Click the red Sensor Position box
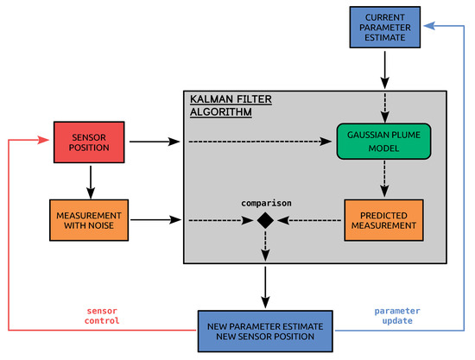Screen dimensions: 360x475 (89, 140)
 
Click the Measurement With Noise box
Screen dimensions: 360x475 (89, 220)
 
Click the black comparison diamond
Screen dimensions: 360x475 (265, 221)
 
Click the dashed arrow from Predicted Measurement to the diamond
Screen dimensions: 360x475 (309, 221)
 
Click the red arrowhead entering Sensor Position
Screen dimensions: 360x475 (43, 140)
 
